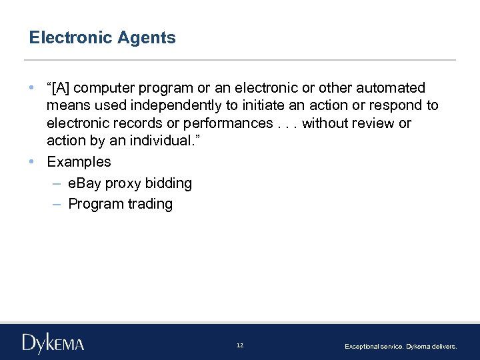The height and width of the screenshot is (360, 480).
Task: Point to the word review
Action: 372,123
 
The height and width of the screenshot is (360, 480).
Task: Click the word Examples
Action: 79,162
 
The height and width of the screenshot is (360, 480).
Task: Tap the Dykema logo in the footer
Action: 53,343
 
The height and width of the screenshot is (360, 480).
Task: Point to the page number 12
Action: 240,345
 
